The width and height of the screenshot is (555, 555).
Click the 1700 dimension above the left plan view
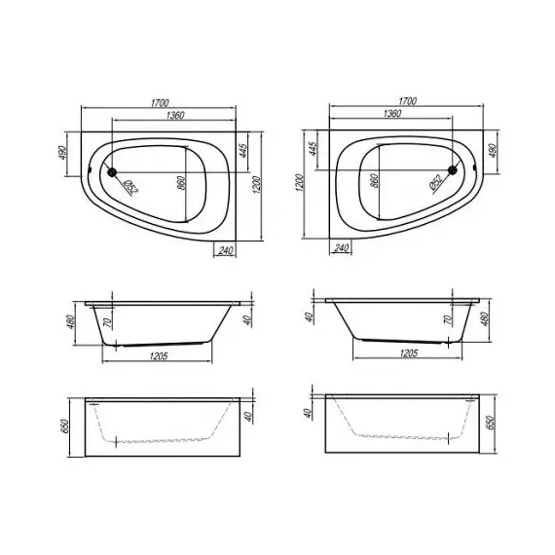pyautogui.click(x=160, y=102)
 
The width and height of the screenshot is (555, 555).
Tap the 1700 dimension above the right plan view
pyautogui.click(x=408, y=101)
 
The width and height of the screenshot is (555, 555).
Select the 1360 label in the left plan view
pyautogui.click(x=175, y=115)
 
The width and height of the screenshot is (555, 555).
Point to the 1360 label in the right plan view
pyautogui.click(x=392, y=113)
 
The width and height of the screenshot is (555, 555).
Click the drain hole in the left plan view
pyautogui.click(x=112, y=172)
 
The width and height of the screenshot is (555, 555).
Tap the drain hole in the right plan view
pyautogui.click(x=453, y=170)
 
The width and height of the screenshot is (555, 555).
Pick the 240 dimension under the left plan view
pyautogui.click(x=226, y=250)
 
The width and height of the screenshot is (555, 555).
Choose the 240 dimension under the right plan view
pyautogui.click(x=341, y=248)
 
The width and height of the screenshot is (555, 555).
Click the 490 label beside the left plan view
pyautogui.click(x=62, y=153)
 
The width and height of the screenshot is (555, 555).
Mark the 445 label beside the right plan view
pyautogui.click(x=313, y=148)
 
